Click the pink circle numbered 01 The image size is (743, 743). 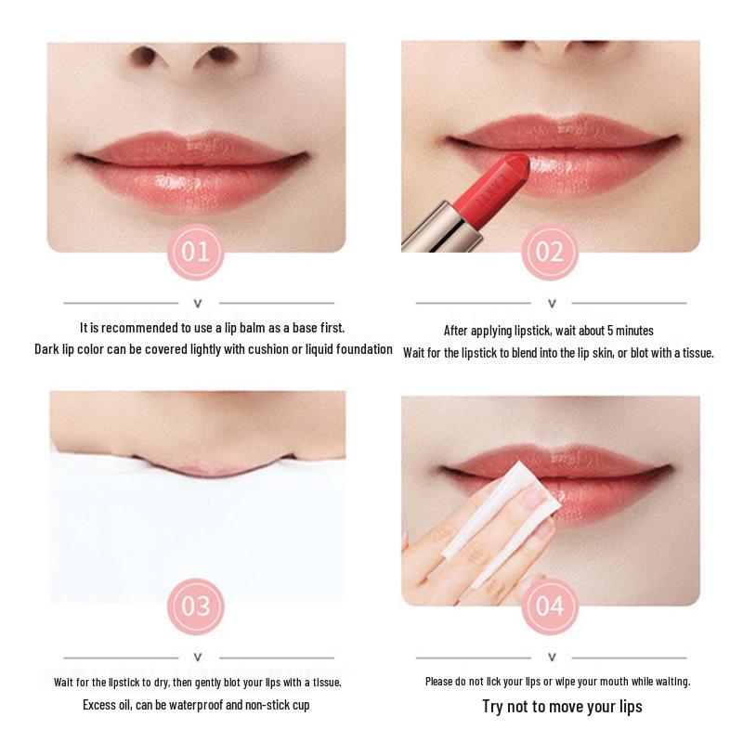196,252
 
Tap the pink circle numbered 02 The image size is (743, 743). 550,252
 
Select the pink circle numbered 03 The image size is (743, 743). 196,606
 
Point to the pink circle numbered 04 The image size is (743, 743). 550,606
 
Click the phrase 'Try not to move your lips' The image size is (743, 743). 562,707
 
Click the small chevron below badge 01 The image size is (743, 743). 197,303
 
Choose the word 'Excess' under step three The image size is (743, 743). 99,705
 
